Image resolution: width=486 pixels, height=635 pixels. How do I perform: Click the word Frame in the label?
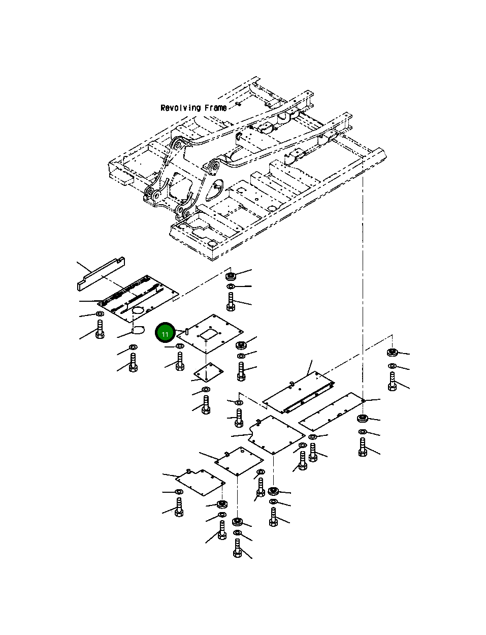click(x=215, y=108)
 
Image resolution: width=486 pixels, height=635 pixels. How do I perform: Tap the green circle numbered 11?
click(x=165, y=333)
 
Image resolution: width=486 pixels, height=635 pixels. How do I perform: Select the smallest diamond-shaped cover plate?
click(x=209, y=372)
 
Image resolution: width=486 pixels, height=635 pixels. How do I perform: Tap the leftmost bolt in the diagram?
click(x=100, y=329)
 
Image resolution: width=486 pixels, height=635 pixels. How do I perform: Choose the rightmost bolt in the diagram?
click(x=392, y=382)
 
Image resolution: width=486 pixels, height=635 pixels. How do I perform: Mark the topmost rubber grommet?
click(x=231, y=276)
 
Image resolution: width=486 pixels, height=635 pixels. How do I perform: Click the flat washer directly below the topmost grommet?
click(x=231, y=286)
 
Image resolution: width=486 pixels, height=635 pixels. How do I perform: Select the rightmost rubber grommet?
click(x=392, y=352)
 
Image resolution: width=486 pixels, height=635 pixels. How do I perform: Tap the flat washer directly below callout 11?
click(x=180, y=346)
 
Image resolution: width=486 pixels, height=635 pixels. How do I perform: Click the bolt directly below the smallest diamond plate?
click(x=206, y=405)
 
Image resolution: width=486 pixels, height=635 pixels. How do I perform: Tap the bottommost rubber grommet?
click(x=238, y=521)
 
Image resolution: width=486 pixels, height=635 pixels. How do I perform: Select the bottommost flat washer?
click(x=238, y=533)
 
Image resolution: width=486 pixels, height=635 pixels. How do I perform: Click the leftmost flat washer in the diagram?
click(x=100, y=314)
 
